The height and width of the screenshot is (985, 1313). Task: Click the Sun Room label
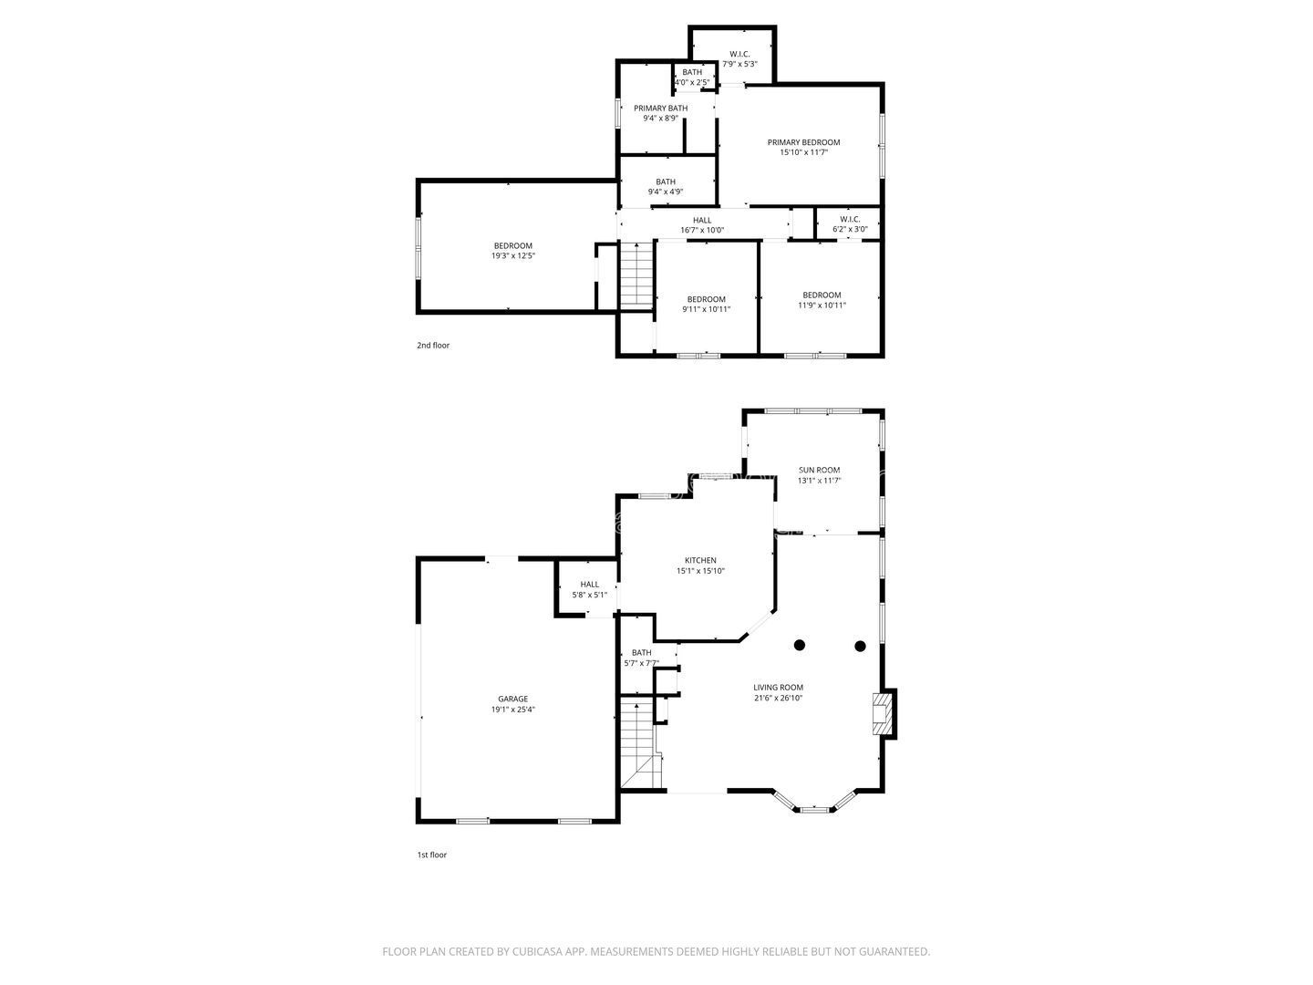[819, 470]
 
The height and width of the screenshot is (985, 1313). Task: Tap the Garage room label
[512, 699]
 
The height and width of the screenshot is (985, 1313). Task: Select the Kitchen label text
[700, 560]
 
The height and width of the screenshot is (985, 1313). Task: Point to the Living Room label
[778, 687]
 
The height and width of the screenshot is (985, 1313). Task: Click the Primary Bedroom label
[803, 142]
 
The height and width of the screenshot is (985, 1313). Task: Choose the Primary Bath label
[660, 109]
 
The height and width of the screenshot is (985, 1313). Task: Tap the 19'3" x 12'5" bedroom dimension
[512, 256]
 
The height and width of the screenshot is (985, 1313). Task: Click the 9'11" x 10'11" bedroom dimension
[706, 309]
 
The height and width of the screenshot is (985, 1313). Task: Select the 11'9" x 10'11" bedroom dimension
[822, 305]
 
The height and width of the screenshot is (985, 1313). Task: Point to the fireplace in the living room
[881, 713]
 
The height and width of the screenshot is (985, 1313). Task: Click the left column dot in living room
[799, 645]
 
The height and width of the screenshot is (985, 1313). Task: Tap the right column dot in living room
[860, 646]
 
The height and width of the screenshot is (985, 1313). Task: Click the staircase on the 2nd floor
[636, 275]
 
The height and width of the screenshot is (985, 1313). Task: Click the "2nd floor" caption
[433, 345]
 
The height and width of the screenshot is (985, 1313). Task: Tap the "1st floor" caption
[432, 855]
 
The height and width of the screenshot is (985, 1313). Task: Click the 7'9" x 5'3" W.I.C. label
[739, 64]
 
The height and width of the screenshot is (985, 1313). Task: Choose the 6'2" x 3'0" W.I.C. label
[850, 229]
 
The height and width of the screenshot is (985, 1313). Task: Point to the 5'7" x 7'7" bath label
[641, 663]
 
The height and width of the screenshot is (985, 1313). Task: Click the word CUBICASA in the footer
[537, 951]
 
